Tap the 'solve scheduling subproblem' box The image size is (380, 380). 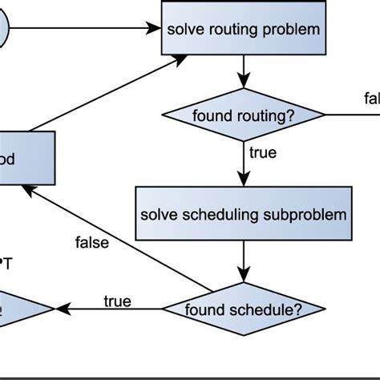coord(244,214)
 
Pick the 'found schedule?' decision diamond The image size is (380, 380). coord(244,309)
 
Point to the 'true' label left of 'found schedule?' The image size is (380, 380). coord(117,301)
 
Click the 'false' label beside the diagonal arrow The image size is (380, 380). coord(91,242)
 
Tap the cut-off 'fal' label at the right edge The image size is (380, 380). coord(371,98)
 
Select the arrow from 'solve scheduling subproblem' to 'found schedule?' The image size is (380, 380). coord(244,261)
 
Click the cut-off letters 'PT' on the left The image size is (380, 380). coord(6,262)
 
